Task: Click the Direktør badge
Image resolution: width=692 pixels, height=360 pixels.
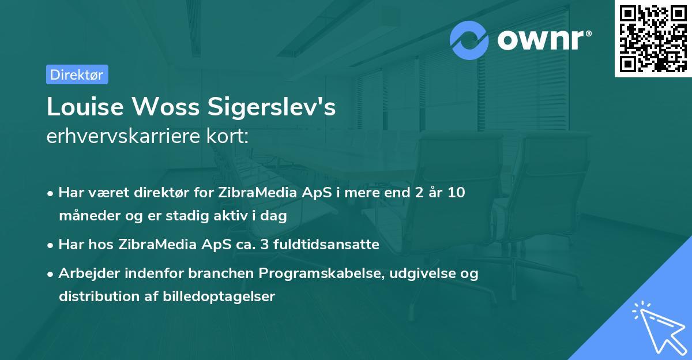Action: coord(77,74)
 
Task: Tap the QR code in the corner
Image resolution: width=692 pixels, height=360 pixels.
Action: coord(653,39)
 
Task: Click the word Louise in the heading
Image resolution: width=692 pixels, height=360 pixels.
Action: coord(84,107)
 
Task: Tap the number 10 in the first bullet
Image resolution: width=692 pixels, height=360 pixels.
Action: coord(456,193)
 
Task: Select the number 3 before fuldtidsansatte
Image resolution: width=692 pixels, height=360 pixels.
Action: coord(265,245)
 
